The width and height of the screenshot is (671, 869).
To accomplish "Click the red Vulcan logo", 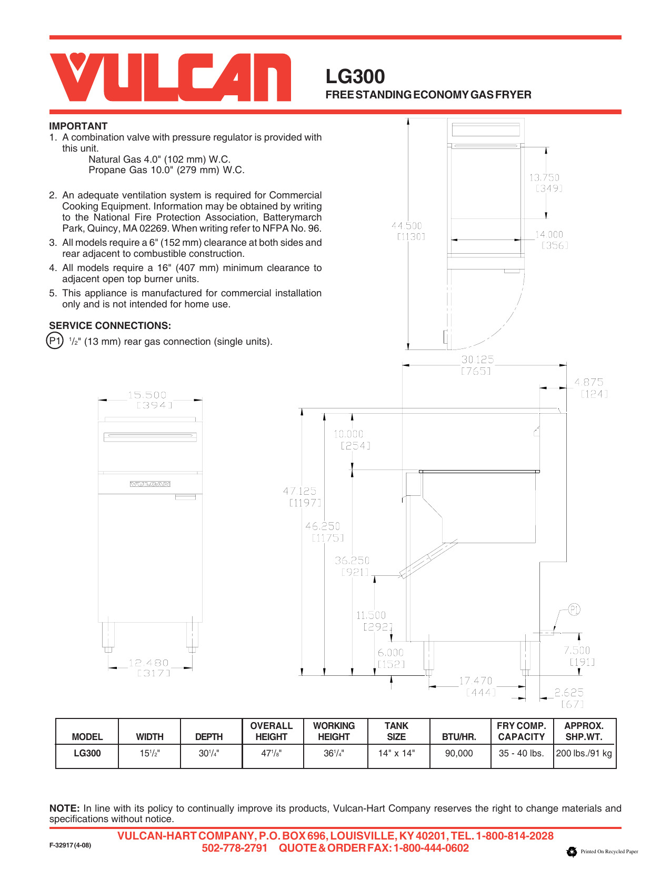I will (x=170, y=77).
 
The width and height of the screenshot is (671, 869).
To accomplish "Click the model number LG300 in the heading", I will (x=355, y=77).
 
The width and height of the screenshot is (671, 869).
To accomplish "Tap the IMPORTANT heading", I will (x=78, y=126).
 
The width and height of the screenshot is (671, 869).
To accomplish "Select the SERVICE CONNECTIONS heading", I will (x=110, y=325).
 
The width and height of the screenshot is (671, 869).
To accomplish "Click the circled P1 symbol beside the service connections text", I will (x=55, y=341).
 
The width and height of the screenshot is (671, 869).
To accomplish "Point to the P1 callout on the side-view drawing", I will (x=574, y=610).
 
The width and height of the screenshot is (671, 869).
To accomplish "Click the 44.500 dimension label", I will (x=407, y=226).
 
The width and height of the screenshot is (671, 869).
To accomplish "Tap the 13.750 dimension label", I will (x=544, y=178).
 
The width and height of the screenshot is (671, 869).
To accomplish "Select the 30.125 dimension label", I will (x=477, y=359).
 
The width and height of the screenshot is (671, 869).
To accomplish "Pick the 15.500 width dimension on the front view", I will (x=147, y=395).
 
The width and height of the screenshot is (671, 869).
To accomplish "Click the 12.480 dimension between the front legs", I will (x=149, y=663).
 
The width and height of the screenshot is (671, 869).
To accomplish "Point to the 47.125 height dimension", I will (x=299, y=491).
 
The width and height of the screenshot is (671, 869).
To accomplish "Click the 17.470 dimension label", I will (x=476, y=681).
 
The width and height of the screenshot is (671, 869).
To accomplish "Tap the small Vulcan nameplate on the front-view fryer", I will (x=150, y=484).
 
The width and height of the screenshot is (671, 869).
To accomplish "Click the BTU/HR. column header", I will (x=459, y=737).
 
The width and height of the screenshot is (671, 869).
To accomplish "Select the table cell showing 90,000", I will (x=459, y=753).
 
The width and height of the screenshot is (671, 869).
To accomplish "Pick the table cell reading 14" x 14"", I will (x=396, y=753).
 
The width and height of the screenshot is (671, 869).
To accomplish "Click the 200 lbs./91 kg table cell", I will (x=584, y=753).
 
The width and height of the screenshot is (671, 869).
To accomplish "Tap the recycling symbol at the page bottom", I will (x=572, y=852).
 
